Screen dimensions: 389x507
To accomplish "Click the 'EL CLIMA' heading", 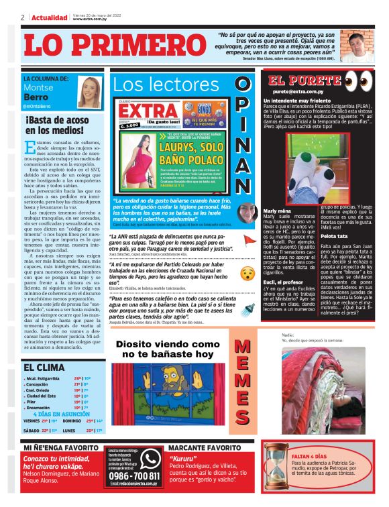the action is click(x=45, y=367).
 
